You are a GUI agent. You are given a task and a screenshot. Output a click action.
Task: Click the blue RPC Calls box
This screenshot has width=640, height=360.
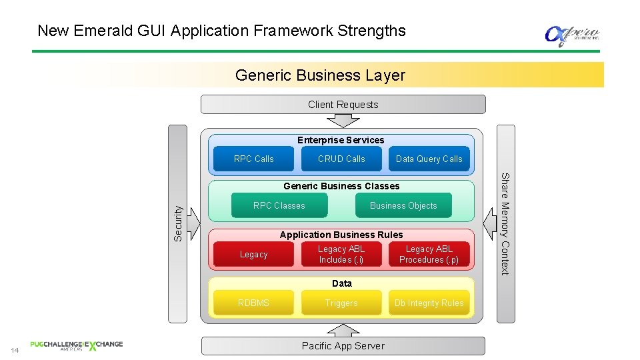tap(253, 159)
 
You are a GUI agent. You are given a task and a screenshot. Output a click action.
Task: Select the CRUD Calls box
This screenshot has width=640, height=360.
tap(341, 159)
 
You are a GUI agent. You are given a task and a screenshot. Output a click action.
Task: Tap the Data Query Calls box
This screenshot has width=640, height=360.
tap(429, 159)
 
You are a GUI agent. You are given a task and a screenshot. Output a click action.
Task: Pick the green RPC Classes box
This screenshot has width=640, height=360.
tap(279, 205)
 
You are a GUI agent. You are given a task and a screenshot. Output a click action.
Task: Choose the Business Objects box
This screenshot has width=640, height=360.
tap(403, 205)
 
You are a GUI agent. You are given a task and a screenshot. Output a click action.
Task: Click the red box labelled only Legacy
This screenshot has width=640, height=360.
tap(253, 254)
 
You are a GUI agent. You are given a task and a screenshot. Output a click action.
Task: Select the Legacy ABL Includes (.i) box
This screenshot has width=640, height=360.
tap(341, 254)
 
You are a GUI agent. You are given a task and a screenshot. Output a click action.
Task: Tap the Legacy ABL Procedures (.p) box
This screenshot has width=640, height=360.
tap(429, 254)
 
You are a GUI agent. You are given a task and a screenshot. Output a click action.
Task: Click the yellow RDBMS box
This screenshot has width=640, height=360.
tap(253, 303)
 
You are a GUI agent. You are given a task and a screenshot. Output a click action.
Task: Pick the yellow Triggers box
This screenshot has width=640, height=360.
tap(341, 303)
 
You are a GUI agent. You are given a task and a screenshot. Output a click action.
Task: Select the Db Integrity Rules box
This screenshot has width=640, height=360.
tap(429, 303)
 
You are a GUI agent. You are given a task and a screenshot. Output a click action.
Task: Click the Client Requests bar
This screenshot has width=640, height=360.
tap(343, 105)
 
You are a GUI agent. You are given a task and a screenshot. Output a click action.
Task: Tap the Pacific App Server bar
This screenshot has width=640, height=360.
tap(343, 345)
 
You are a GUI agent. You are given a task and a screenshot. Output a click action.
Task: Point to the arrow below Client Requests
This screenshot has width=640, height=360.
tap(343, 121)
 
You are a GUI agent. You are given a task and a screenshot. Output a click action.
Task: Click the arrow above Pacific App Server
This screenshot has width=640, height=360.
tap(343, 330)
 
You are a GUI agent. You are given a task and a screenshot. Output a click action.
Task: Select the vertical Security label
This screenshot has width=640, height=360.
tap(178, 222)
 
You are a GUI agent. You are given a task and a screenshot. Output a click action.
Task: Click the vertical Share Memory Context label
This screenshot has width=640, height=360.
tap(505, 224)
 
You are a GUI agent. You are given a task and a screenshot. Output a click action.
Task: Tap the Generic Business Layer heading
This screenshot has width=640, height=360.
tap(320, 75)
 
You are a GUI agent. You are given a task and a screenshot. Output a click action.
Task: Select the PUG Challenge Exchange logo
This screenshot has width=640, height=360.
tap(76, 345)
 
